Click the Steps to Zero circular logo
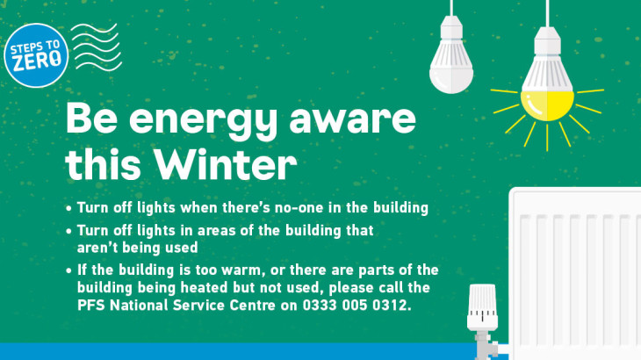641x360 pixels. click(x=36, y=55)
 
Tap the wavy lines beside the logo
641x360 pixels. click(x=97, y=47)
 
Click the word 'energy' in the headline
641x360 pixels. click(x=203, y=120)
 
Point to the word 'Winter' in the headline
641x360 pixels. click(x=226, y=164)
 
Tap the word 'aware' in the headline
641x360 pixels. click(x=352, y=119)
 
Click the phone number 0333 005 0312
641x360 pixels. click(x=357, y=306)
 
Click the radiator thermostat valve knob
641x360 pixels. click(x=482, y=307)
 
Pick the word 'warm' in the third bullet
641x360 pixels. click(x=241, y=270)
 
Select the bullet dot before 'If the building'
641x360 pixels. click(x=68, y=271)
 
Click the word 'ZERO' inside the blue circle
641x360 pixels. click(x=37, y=61)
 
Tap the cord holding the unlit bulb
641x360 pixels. click(x=451, y=8)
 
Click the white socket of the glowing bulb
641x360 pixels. click(x=547, y=41)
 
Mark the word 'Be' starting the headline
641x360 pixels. click(x=91, y=118)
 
